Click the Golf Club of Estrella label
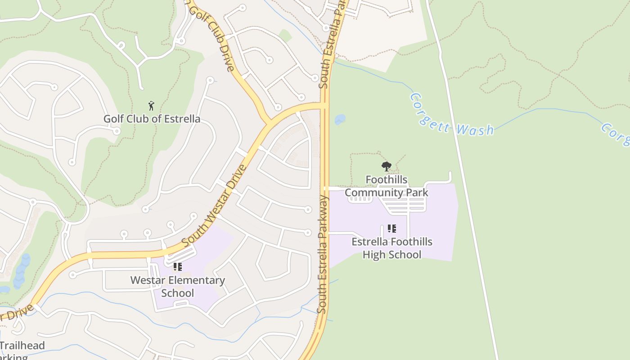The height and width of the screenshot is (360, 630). pos(152,119)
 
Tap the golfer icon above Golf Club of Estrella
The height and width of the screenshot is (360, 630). pos(151,106)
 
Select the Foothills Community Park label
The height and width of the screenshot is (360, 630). pos(386,186)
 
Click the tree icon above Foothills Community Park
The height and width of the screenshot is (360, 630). pos(386,167)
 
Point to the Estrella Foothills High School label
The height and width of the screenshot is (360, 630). pos(391,248)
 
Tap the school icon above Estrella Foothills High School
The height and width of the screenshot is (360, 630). pos(392,229)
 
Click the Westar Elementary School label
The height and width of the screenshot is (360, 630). pos(177,286)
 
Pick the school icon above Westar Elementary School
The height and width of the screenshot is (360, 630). pos(178,267)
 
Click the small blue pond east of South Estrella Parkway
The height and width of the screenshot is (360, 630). pos(340,119)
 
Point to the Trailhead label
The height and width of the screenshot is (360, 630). pos(22,346)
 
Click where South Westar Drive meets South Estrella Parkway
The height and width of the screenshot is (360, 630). pos(325,106)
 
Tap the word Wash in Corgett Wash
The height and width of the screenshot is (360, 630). pos(475,130)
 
